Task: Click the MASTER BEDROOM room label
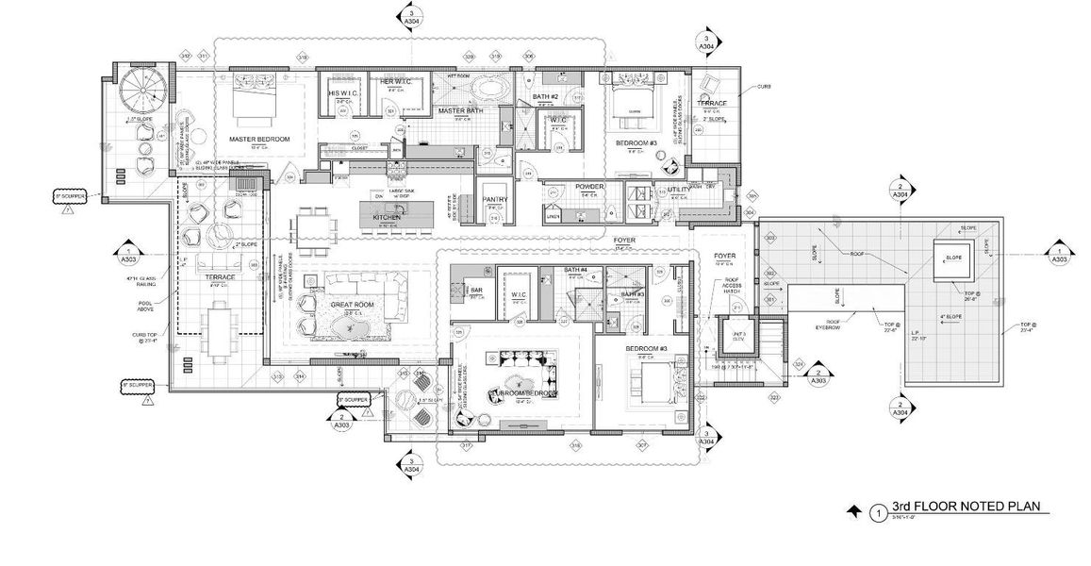click(259, 140)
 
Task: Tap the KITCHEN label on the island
click(388, 217)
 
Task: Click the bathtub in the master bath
click(487, 91)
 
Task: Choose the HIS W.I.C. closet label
click(339, 94)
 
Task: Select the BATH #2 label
click(546, 98)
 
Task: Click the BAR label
click(476, 291)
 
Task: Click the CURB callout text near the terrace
click(764, 87)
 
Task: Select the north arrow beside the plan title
click(854, 509)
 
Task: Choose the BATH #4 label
click(576, 271)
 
